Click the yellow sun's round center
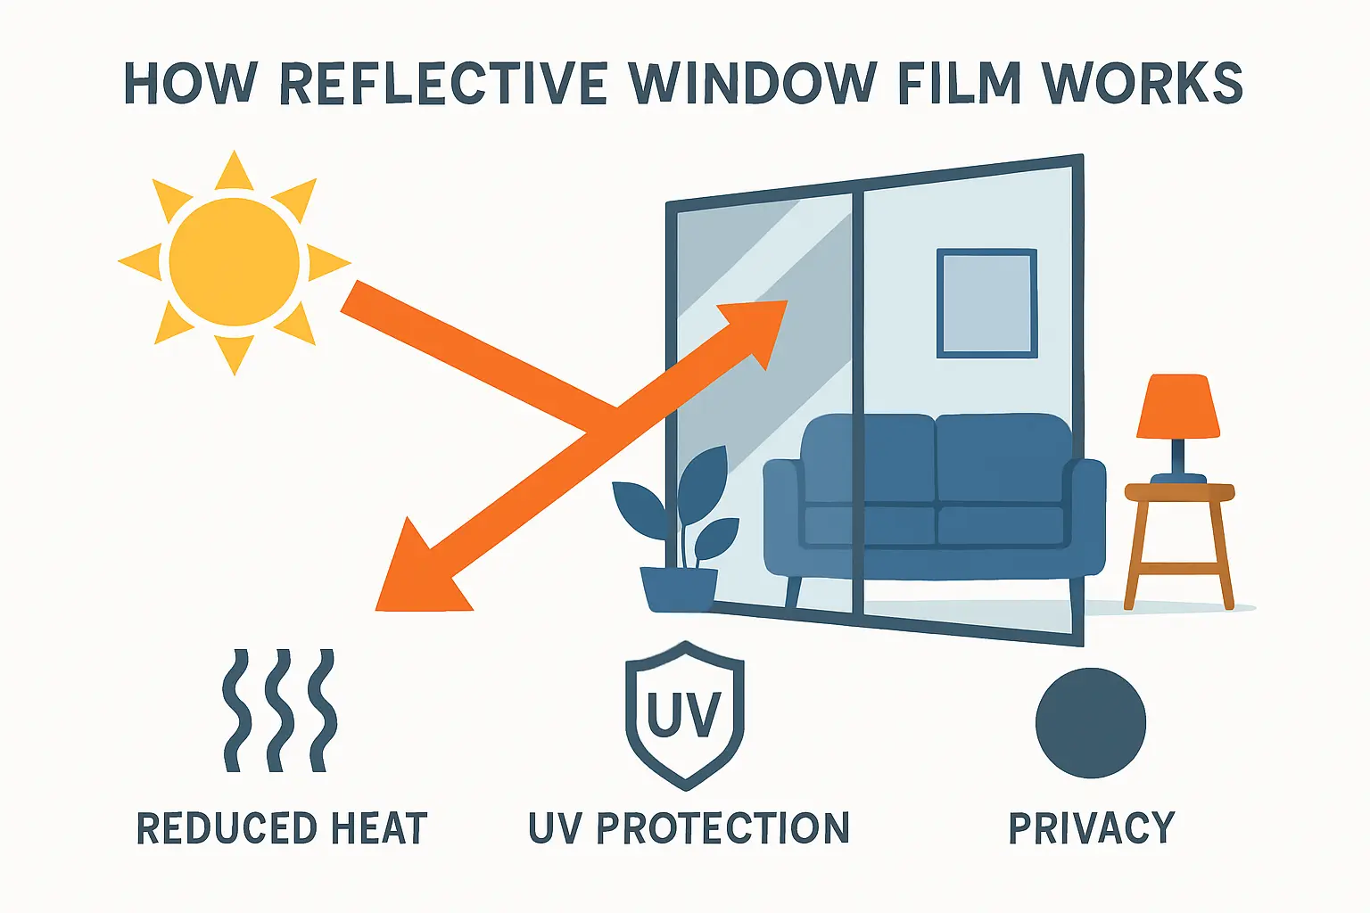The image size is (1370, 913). (235, 261)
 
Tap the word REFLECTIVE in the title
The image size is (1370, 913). (444, 85)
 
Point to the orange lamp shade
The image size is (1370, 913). (1177, 407)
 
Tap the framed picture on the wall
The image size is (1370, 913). (986, 303)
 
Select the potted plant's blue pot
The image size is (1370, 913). (679, 589)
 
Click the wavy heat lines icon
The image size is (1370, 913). (279, 711)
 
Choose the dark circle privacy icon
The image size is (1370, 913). (1090, 723)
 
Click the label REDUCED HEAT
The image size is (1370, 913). (282, 828)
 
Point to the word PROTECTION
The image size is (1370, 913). (722, 828)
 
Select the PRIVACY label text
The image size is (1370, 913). (1091, 828)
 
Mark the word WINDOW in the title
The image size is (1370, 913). (752, 85)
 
